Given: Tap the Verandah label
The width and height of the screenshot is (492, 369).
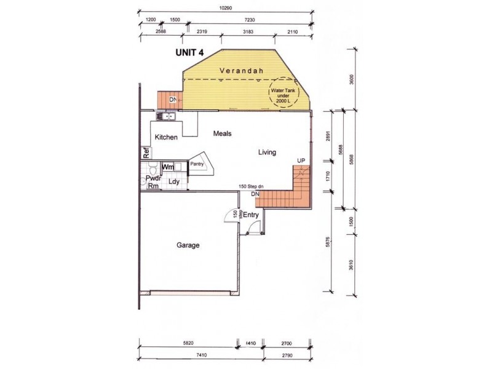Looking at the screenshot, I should pyautogui.click(x=242, y=71).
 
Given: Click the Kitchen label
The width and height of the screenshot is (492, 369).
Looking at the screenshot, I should pyautogui.click(x=166, y=137).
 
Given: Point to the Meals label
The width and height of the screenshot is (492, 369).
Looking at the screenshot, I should pyautogui.click(x=222, y=133).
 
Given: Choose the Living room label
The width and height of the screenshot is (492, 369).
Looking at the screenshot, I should pyautogui.click(x=267, y=153).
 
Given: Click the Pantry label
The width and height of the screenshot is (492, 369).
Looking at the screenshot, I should pyautogui.click(x=197, y=164).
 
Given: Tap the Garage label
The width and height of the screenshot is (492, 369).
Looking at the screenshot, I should pyautogui.click(x=188, y=245).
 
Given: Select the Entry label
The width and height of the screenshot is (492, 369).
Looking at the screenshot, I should pyautogui.click(x=250, y=215).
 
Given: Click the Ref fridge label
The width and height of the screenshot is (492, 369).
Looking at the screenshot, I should pyautogui.click(x=146, y=153).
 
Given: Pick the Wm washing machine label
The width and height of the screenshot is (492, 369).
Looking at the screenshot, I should pyautogui.click(x=168, y=167).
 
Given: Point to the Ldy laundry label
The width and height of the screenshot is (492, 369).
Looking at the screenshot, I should pyautogui.click(x=174, y=182).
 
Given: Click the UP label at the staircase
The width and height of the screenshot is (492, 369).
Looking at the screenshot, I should pyautogui.click(x=301, y=161).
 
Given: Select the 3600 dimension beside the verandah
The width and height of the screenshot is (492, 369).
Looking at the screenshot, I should pyautogui.click(x=351, y=80).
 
